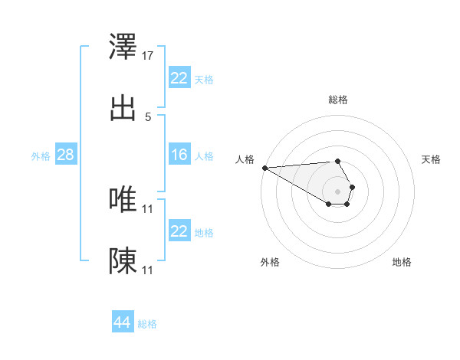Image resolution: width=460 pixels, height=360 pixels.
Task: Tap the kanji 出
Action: (123, 107)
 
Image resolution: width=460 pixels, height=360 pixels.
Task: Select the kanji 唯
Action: (123, 200)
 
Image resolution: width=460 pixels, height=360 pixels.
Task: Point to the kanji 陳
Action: (123, 260)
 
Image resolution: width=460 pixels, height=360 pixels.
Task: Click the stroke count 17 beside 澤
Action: (148, 56)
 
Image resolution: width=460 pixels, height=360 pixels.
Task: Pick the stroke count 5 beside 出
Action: (148, 116)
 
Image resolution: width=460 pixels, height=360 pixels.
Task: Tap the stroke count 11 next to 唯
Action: (148, 208)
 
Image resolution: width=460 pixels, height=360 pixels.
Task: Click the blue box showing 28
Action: (65, 155)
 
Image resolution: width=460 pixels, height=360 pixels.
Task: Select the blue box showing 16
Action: (179, 155)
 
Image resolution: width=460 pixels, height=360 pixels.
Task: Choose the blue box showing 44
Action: (122, 323)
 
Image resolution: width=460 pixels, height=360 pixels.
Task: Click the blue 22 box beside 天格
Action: (179, 78)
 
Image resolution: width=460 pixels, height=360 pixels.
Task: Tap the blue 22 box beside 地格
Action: (179, 231)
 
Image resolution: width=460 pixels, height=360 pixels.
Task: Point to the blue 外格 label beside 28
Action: (41, 156)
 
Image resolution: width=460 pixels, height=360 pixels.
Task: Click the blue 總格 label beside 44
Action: (147, 324)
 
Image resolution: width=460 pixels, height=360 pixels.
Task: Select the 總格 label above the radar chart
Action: (338, 100)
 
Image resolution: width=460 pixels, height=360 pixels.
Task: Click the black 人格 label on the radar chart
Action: (245, 159)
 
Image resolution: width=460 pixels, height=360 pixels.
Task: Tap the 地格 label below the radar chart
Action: (402, 262)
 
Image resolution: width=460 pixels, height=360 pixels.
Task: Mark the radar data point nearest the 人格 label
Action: (264, 168)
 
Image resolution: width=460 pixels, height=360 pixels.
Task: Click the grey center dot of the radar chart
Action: (338, 191)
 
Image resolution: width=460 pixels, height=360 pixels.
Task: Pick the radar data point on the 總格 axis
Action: (338, 161)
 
